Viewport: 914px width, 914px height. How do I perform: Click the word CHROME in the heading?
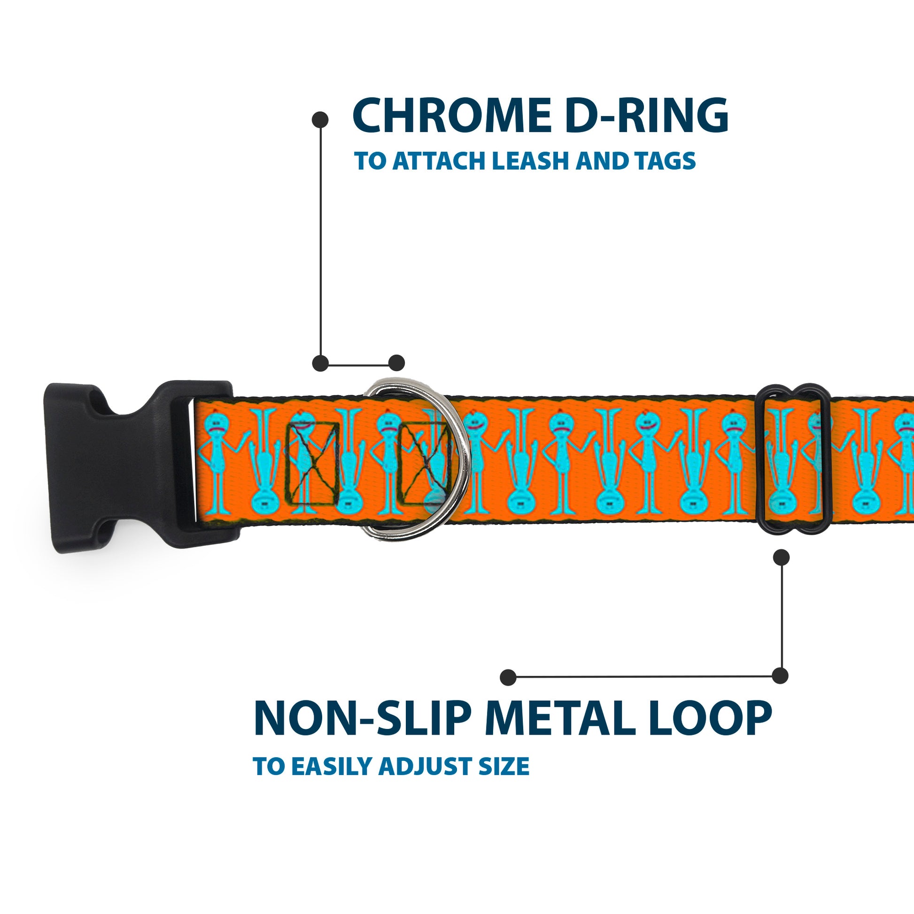click(x=452, y=116)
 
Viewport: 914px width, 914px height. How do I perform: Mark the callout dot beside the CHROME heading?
click(x=320, y=120)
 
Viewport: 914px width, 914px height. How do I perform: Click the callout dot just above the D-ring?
click(x=396, y=363)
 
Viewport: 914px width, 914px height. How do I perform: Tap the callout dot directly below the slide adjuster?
click(x=781, y=558)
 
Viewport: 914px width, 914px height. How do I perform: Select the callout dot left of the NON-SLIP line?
click(x=508, y=677)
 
